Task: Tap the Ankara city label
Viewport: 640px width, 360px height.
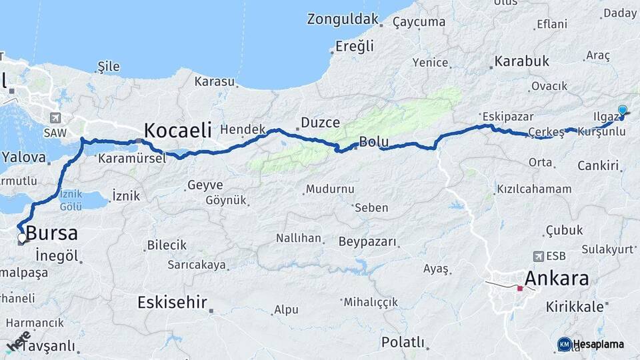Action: point(557,278)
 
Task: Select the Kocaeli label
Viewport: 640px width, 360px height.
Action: point(178,129)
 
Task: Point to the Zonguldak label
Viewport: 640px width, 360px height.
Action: point(343,19)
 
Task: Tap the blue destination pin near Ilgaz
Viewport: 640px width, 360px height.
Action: point(622,111)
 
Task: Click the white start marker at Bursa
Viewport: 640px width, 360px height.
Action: point(22,237)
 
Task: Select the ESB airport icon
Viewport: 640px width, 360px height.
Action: point(539,256)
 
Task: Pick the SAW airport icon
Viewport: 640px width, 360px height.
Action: point(54,118)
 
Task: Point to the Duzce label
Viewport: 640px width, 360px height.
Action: point(320,123)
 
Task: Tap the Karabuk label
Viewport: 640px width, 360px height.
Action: point(521,61)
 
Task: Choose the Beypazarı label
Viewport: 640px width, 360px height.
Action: point(367,241)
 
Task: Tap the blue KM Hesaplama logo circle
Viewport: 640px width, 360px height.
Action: point(565,344)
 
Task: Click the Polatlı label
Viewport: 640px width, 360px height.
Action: point(403,342)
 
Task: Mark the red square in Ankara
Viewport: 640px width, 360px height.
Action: point(520,289)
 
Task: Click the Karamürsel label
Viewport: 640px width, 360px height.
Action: point(131,159)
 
